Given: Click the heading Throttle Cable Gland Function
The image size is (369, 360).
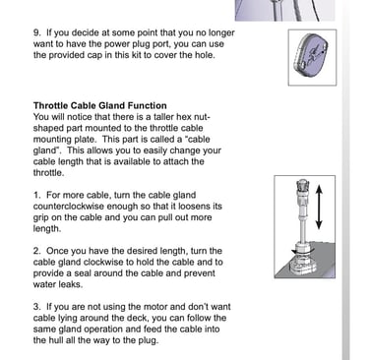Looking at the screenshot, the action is [x=100, y=105].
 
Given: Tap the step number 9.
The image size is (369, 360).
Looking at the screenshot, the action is [x=37, y=32].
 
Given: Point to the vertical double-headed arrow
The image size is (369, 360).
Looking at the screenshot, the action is [x=319, y=207].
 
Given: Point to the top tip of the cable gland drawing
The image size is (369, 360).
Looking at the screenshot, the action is [x=302, y=180].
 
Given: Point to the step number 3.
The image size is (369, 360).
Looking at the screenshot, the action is [x=36, y=307].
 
